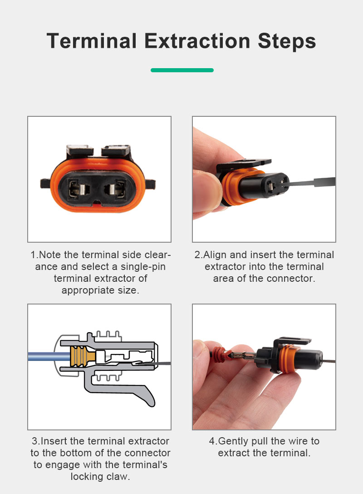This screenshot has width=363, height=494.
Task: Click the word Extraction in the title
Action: (198, 41)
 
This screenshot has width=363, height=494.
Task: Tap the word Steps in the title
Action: (287, 41)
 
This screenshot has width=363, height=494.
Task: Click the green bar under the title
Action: (182, 70)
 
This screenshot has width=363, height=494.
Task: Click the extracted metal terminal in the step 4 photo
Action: (244, 356)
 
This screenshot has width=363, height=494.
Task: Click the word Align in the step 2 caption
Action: (215, 255)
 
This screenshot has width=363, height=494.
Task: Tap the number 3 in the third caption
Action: (34, 441)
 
